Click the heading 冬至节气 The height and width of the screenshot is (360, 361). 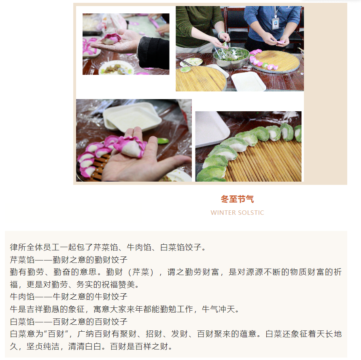[237, 199]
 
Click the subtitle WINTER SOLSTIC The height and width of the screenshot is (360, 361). [238, 213]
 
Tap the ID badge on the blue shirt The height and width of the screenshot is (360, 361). [275, 23]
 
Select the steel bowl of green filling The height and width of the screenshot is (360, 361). [231, 57]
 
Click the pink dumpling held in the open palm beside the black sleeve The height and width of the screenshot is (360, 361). [111, 38]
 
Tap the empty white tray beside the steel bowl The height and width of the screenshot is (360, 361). [248, 81]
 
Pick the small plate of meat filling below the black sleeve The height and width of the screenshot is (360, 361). [116, 68]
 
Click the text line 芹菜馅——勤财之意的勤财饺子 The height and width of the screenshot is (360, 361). [69, 260]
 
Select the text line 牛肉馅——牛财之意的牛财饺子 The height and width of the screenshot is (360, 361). [69, 297]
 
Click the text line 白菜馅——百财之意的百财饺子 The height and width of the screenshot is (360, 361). [69, 322]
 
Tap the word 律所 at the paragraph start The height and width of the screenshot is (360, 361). [18, 248]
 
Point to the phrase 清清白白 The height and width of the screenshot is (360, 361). [85, 346]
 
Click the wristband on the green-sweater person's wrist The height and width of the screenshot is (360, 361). [220, 34]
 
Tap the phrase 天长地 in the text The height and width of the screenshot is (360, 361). [329, 334]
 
